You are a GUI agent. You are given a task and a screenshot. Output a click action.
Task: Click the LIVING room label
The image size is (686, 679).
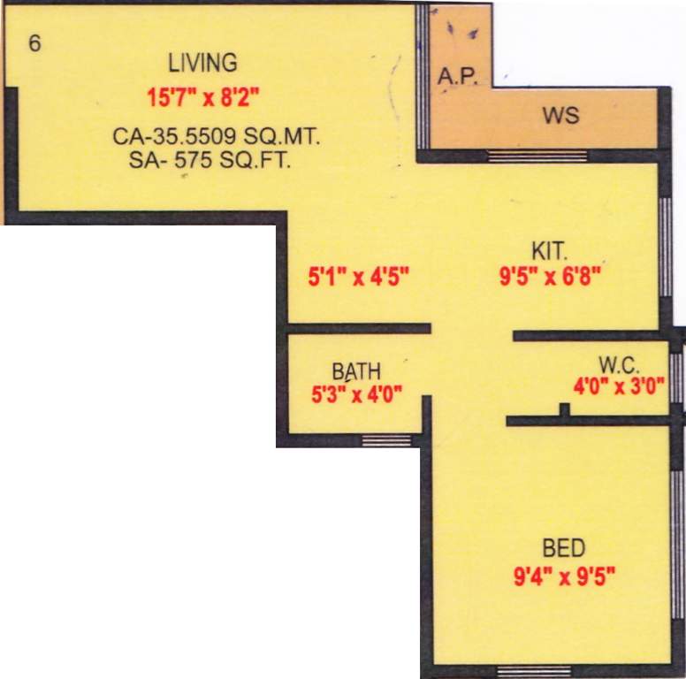point(203,64)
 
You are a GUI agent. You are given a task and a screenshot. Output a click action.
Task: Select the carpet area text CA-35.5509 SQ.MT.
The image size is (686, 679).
point(216,138)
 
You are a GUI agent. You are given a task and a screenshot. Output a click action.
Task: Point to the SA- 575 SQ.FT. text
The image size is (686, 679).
point(210,160)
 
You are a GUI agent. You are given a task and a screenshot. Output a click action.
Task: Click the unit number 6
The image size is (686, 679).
point(34,43)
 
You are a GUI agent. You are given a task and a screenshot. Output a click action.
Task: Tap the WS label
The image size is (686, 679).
point(562,117)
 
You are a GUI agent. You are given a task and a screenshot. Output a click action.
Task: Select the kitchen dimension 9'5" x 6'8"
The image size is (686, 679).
point(550,278)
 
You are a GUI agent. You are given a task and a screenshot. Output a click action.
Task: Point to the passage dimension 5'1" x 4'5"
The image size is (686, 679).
point(358,278)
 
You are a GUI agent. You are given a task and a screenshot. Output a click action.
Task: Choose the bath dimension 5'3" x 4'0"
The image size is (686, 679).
point(357,394)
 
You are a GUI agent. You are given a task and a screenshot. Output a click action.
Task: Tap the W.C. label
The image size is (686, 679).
point(619,363)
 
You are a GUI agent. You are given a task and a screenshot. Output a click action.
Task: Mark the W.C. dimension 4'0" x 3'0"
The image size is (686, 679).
point(619,385)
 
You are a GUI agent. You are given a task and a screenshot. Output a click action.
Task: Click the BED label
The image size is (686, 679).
point(563,547)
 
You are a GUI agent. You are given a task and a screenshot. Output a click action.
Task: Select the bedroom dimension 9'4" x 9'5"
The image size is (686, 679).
point(564,579)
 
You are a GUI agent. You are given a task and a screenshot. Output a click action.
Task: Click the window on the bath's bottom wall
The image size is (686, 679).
point(387,439)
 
